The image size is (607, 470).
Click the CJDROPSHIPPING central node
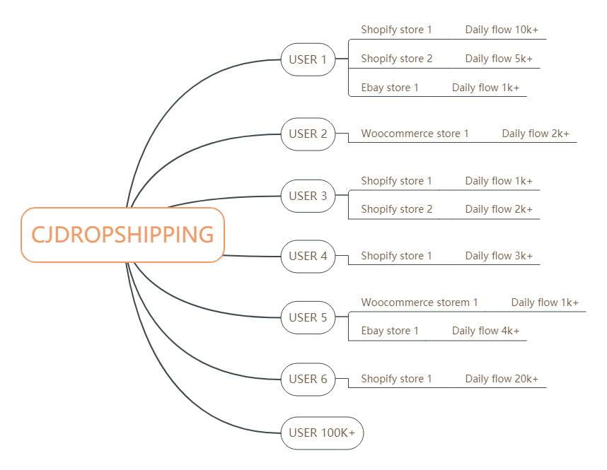coord(122,235)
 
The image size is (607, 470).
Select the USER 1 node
coord(308,59)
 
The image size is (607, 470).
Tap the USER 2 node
coord(308,134)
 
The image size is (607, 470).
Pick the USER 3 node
coord(308,196)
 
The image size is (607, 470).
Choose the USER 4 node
coord(308,256)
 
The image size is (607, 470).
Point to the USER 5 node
coord(308,317)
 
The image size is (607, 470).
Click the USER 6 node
coord(308,379)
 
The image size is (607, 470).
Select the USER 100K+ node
coord(322,433)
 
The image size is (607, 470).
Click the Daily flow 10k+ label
coord(502,30)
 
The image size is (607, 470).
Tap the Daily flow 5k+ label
coord(499,59)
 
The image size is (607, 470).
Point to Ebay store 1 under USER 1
coord(390,88)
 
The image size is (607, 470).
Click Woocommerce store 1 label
coord(415,134)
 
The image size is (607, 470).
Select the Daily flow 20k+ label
coord(502,379)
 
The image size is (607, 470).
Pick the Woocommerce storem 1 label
coord(420,302)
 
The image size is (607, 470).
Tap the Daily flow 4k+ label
coord(485,331)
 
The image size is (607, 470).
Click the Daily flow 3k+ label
coord(499,256)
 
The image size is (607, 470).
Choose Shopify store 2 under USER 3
coord(396,209)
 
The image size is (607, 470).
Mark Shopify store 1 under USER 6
coord(396,379)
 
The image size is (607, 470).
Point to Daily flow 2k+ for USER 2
coord(536,134)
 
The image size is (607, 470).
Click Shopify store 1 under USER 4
coord(396,256)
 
